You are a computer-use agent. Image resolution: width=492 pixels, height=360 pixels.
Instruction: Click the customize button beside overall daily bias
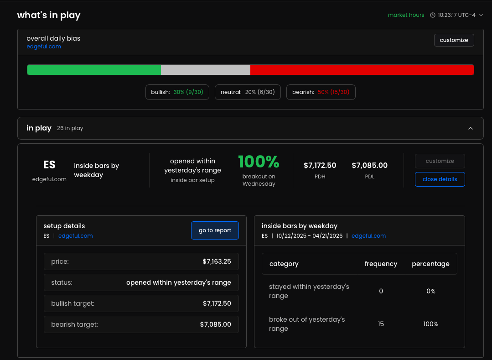[x=454, y=40]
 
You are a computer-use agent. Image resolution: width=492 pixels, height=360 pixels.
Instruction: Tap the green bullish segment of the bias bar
[x=94, y=70]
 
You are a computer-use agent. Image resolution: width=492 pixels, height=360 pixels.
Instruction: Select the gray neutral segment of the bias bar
[x=206, y=70]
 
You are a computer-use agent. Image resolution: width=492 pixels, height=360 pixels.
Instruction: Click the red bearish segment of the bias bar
[x=362, y=70]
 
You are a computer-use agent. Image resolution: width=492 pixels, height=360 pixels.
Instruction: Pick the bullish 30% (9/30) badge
[x=177, y=92]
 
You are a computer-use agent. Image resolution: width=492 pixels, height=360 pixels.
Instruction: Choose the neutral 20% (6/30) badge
[x=248, y=92]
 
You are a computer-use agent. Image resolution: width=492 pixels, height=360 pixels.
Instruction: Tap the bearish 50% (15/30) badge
[x=321, y=92]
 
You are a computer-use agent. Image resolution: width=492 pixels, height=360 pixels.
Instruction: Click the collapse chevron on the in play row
[x=471, y=128]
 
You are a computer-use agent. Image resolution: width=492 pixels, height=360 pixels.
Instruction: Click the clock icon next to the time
[x=432, y=15]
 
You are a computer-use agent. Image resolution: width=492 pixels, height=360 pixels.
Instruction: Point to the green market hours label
[x=406, y=15]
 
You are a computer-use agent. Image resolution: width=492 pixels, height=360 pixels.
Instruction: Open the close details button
[x=440, y=179]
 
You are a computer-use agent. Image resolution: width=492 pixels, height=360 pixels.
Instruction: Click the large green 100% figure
[x=259, y=162]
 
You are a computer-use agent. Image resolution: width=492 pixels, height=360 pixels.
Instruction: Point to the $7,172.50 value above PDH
[x=320, y=166]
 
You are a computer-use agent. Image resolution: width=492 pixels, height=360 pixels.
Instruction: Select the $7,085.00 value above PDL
[x=370, y=166]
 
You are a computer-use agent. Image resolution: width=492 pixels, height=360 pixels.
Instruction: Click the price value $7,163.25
[x=217, y=261]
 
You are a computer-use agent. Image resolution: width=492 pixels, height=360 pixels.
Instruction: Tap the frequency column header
[x=381, y=264]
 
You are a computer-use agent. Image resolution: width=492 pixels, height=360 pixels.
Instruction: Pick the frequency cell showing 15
[x=381, y=324]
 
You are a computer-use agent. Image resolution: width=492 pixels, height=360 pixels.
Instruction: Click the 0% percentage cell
[x=430, y=291]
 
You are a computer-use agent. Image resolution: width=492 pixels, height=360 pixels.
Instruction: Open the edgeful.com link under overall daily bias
[x=44, y=47]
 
